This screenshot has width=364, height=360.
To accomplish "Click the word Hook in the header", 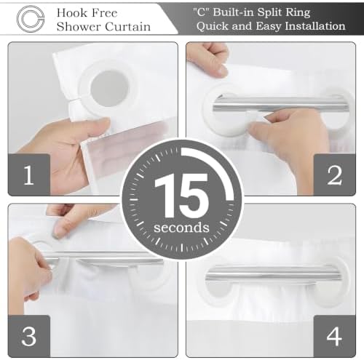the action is pyautogui.click(x=71, y=13).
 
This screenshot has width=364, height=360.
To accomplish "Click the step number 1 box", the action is pyautogui.click(x=28, y=175).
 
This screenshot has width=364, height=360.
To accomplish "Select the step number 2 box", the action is pyautogui.click(x=335, y=175).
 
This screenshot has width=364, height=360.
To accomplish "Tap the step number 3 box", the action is pyautogui.click(x=28, y=336).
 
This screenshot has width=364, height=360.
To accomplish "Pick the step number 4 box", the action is pyautogui.click(x=335, y=336).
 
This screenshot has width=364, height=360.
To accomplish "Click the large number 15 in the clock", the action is pyautogui.click(x=181, y=196).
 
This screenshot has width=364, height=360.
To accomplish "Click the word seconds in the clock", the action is pyautogui.click(x=181, y=228).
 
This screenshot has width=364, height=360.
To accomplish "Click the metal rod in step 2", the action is pyautogui.click(x=279, y=105).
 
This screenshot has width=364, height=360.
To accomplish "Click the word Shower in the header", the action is pyautogui.click(x=79, y=27).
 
